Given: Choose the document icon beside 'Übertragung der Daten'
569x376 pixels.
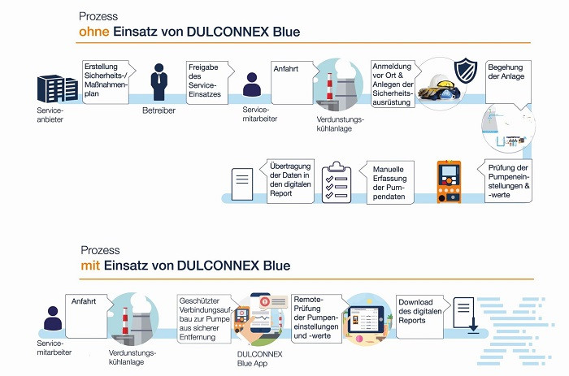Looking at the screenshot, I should [x=243, y=183].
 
